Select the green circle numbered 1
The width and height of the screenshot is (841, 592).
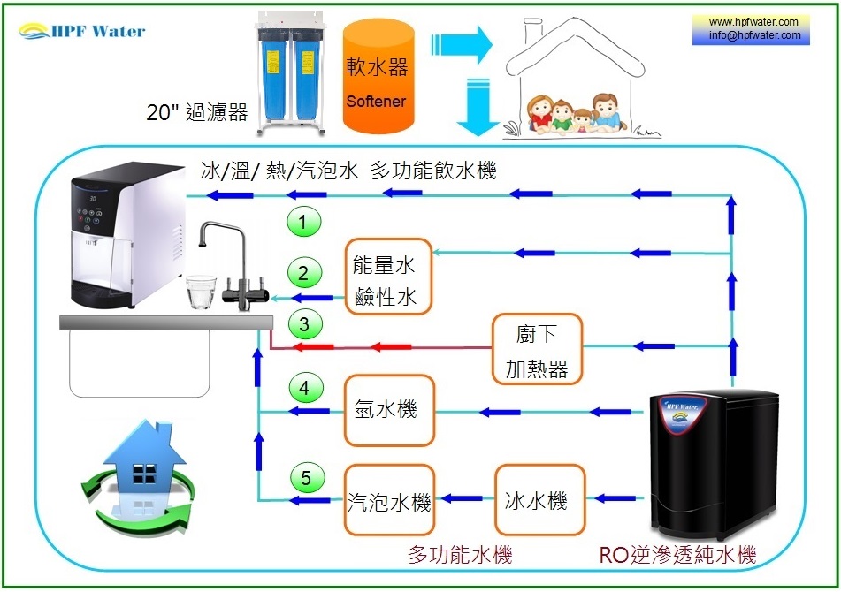click(304, 223)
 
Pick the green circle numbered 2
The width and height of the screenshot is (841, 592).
click(304, 274)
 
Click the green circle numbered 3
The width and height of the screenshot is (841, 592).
click(304, 325)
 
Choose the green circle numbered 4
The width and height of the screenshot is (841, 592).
click(304, 387)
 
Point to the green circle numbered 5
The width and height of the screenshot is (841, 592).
click(306, 479)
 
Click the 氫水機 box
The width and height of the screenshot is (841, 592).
click(389, 410)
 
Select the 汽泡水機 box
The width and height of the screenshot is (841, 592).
click(389, 501)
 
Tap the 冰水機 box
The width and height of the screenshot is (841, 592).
click(539, 501)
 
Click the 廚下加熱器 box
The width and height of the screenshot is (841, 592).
click(537, 349)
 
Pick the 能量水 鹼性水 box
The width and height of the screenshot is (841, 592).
click(386, 277)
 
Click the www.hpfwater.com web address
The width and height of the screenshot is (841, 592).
click(753, 22)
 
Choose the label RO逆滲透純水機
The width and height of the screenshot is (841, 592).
click(677, 556)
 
